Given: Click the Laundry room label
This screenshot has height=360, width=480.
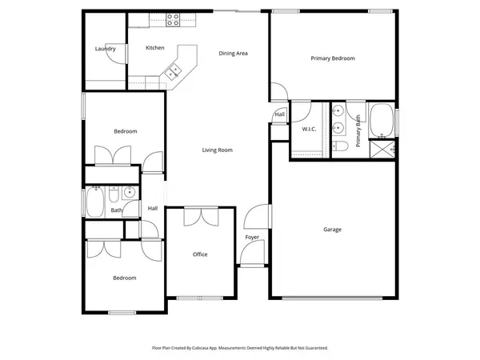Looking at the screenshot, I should (105, 49).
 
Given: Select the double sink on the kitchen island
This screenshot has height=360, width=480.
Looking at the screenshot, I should (173, 72).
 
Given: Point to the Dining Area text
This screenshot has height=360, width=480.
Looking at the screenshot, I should (234, 54).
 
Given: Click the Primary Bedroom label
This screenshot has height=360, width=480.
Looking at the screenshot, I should (332, 58).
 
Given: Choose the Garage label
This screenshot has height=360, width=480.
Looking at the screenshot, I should (332, 230).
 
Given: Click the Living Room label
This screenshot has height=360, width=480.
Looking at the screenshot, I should (217, 150).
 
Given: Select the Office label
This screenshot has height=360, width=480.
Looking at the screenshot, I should (200, 254).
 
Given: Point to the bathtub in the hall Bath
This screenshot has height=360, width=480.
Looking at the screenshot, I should (93, 203).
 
